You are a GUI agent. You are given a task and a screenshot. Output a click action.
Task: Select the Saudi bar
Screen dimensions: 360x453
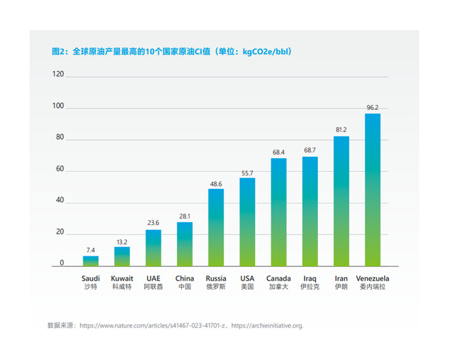91,261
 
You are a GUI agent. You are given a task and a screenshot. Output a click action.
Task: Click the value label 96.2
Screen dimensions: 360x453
373,108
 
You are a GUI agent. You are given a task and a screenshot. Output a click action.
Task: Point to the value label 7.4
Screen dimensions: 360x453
91,250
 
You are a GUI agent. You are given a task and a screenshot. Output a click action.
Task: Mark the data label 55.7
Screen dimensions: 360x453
247,173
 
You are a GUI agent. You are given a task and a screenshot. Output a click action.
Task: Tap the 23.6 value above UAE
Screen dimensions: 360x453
153,223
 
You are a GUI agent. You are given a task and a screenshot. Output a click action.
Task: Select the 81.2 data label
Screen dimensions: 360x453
341,130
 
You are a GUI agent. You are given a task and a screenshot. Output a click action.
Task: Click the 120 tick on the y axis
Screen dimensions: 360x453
58,75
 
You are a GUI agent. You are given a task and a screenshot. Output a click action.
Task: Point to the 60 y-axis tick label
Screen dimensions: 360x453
60,170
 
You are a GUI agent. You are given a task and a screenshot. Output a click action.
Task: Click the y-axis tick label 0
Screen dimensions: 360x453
62,263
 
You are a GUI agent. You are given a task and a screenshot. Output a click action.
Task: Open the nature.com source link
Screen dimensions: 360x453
153,326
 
